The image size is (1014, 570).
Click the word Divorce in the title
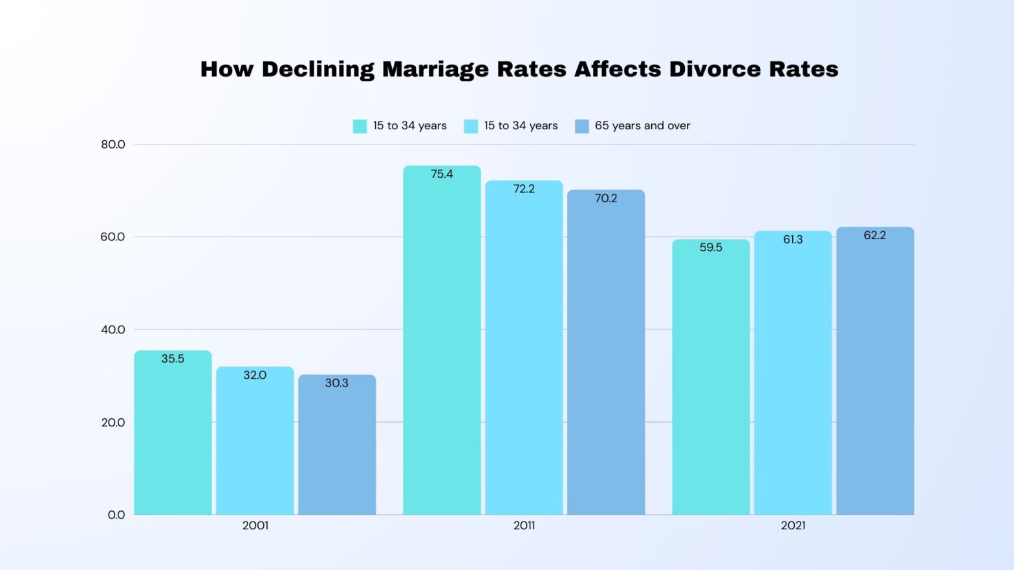point(715,69)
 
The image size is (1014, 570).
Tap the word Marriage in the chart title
point(435,70)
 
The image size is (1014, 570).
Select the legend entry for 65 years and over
point(642,125)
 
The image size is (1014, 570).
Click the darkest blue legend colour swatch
point(581,126)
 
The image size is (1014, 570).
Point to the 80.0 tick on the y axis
point(113,144)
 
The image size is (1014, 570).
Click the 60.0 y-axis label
point(113,237)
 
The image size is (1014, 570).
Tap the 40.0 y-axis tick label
point(113,330)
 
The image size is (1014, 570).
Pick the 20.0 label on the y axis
point(113,422)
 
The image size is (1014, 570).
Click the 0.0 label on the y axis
point(116,515)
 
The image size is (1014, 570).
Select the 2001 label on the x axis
point(255,525)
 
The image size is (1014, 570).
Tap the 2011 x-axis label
point(524,525)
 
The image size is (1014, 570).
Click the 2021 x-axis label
point(793,525)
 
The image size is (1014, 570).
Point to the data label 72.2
point(524,189)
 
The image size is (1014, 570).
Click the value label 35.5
point(173,359)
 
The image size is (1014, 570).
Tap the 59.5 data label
point(711,247)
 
